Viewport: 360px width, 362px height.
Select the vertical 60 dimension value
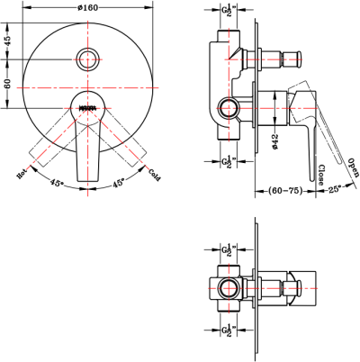point(8,85)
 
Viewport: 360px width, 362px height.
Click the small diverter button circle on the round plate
point(87,59)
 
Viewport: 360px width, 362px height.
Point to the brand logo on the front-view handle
point(87,109)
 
